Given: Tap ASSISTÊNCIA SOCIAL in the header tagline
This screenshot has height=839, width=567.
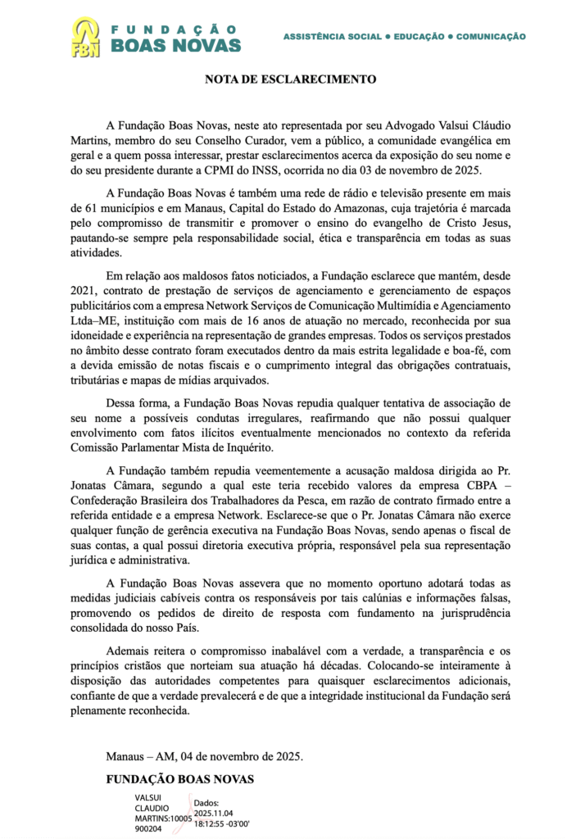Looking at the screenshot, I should pos(332,37).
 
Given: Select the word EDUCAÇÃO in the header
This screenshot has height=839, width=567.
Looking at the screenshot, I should pos(418,37).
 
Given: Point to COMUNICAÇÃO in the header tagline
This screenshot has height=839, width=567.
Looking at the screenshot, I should pos(491,37).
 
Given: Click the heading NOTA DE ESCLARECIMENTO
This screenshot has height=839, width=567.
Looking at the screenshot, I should pos(291,80).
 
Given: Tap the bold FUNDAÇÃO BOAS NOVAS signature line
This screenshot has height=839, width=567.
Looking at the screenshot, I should pos(179,778).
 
